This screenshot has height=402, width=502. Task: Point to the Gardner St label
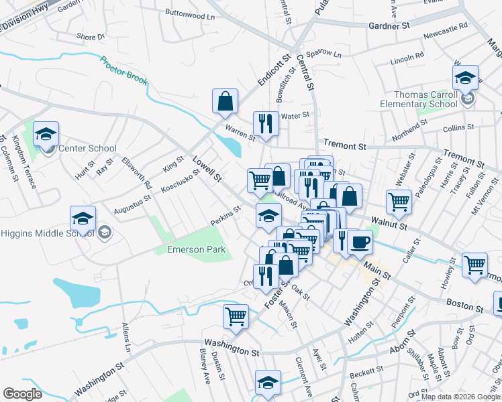(389, 25)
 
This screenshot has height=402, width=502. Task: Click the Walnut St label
(386, 226)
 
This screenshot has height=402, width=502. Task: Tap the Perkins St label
(225, 216)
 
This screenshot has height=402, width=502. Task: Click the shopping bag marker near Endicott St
(225, 101)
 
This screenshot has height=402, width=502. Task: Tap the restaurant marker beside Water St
(266, 123)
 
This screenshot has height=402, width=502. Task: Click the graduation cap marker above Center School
(46, 133)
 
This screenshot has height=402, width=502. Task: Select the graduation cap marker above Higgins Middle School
(83, 218)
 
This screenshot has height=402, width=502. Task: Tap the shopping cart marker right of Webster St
(399, 201)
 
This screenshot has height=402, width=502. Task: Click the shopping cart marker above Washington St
(236, 316)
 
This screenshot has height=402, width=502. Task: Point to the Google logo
(22, 394)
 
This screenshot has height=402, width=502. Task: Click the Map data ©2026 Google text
(461, 397)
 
